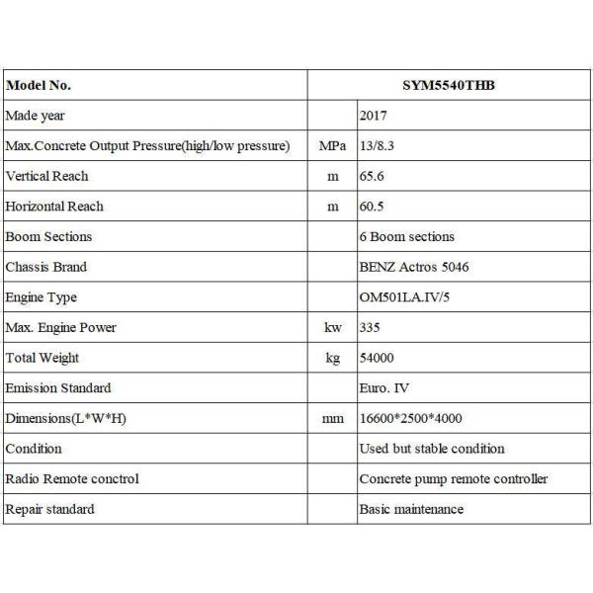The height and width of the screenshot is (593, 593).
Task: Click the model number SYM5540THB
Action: [x=451, y=85]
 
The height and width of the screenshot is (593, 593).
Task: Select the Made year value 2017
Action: [x=375, y=116]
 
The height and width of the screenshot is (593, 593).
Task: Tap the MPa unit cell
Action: [x=332, y=146]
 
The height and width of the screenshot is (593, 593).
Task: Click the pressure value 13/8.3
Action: [x=381, y=146]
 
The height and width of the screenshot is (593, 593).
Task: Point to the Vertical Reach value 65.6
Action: [x=372, y=176]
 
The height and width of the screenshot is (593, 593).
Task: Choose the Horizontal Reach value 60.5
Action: [x=372, y=207]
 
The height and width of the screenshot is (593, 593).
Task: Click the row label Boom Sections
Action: [x=48, y=237]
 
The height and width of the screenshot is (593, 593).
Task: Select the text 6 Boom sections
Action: [x=407, y=237]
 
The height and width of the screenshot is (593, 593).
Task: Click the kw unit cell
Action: [x=333, y=328]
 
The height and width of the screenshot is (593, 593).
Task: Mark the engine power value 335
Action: [x=370, y=328]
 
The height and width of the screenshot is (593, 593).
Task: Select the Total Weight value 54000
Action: [x=378, y=358]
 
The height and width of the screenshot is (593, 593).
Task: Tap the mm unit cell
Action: [x=333, y=419]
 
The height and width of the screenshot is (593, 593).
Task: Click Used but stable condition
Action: [x=432, y=449]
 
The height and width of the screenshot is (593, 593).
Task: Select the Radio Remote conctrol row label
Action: [x=72, y=479]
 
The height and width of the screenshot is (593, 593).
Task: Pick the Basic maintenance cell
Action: [x=411, y=510]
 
